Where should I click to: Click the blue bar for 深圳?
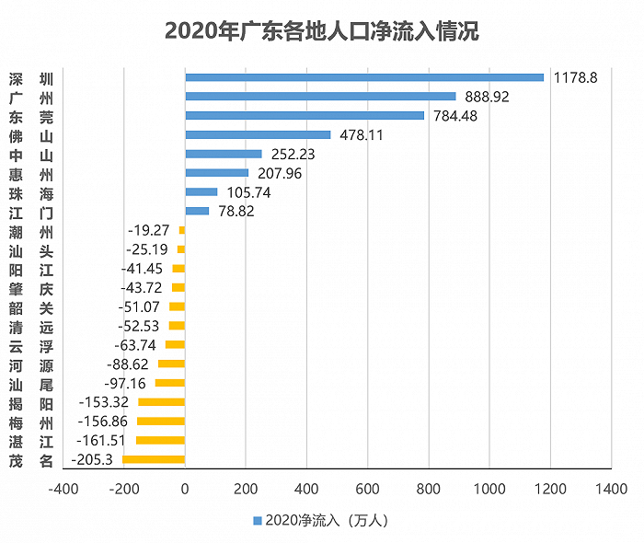pos(364,77)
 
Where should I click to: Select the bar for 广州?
pos(320,96)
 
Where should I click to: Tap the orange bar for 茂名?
pos(154,459)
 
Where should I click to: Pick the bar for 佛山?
pos(258,134)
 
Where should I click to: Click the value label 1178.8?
pos(576,78)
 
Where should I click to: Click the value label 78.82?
pos(234,211)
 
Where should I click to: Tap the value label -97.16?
pos(128,383)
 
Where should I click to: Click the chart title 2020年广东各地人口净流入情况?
pos(321,30)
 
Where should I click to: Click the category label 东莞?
pos(31,116)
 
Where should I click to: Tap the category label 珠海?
pos(31,192)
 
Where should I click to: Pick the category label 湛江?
pos(31,440)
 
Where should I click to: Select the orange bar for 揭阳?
pos(161,402)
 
